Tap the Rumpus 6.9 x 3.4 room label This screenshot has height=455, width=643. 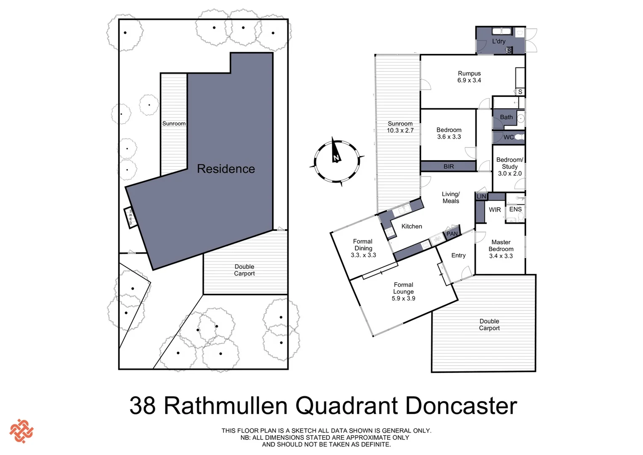469,77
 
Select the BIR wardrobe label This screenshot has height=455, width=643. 449,166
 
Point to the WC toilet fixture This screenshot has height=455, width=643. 519,137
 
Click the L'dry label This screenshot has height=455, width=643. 499,41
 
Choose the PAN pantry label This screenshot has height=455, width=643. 452,234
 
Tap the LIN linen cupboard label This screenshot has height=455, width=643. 481,196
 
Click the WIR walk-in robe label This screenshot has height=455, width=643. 495,210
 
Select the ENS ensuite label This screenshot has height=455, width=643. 515,209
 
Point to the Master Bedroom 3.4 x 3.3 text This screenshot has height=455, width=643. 501,249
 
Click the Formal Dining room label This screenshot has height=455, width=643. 363,248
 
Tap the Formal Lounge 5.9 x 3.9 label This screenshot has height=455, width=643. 403,292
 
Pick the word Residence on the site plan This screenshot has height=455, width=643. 226,169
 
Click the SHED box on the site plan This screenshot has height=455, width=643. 131,217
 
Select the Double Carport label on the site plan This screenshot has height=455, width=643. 244,270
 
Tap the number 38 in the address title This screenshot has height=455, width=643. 143,406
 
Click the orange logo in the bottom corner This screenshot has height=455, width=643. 21,431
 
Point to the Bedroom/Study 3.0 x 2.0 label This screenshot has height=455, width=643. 510,166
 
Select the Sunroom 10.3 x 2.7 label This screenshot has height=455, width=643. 400,127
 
